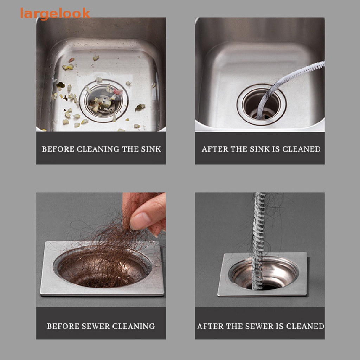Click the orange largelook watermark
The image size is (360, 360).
click(x=55, y=14)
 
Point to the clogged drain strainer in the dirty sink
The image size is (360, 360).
click(x=104, y=101)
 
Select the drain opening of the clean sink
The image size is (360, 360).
click(x=262, y=104)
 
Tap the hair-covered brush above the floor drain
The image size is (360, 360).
click(x=258, y=241)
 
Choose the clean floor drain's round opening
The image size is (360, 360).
click(x=264, y=273)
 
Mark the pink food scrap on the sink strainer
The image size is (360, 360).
click(x=118, y=92)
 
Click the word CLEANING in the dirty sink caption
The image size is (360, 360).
click(x=98, y=149)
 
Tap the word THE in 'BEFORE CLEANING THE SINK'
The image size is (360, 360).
click(x=130, y=149)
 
